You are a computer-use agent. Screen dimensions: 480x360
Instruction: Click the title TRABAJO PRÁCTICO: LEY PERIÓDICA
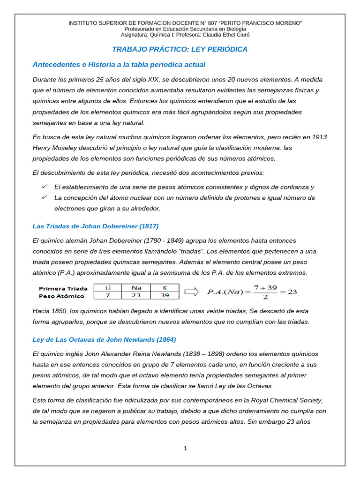pos(180,49)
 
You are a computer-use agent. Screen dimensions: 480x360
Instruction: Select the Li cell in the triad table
pos(107,287)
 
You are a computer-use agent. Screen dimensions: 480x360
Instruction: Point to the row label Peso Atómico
pos(61,296)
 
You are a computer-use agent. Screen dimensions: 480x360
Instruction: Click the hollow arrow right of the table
pos(191,292)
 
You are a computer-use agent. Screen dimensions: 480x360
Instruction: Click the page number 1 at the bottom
pos(186,448)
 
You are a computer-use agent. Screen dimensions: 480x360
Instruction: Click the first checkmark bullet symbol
pos(45,187)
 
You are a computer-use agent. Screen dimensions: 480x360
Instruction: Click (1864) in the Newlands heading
pos(166,339)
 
